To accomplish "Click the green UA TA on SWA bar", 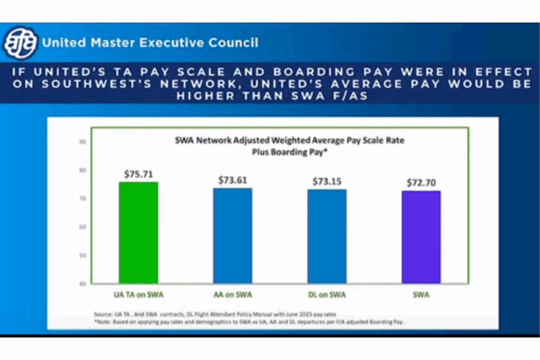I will [138, 232].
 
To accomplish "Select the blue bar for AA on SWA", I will [233, 236].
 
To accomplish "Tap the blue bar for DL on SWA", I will [327, 236].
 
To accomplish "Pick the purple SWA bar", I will [421, 237].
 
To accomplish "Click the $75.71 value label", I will [138, 173].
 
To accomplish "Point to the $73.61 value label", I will [233, 180].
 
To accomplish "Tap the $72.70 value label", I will [421, 183].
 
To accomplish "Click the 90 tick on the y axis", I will [83, 142].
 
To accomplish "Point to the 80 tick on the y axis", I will [83, 170].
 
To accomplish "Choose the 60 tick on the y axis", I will [83, 227].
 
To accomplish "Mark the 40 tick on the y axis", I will [83, 284].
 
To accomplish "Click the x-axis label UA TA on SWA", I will [138, 295].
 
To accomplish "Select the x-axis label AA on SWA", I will [233, 295].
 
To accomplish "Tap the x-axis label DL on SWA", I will [327, 295].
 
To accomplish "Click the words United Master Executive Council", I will [150, 43].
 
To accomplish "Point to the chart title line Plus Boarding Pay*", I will [289, 150].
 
